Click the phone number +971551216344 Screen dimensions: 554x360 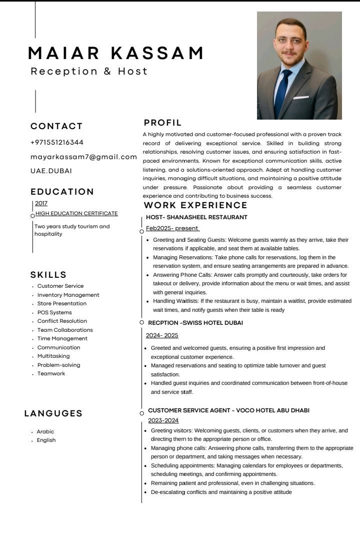(57, 143)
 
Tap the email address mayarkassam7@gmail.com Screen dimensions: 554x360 (83, 157)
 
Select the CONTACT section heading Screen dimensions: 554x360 (56, 126)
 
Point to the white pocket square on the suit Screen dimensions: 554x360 (300, 98)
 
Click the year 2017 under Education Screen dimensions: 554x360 (41, 203)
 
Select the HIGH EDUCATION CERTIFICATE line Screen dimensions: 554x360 (76, 213)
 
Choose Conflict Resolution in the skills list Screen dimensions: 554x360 (62, 321)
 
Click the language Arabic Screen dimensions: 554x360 (45, 431)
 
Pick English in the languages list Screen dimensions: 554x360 (46, 440)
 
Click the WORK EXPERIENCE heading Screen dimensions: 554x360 (195, 205)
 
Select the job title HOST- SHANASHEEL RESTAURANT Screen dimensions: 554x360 (196, 217)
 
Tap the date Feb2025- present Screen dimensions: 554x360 (172, 228)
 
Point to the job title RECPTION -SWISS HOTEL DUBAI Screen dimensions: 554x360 (195, 323)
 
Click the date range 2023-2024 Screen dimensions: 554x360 (163, 420)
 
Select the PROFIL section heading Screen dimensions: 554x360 (162, 123)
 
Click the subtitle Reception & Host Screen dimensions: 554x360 (89, 71)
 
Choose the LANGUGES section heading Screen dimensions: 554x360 (53, 413)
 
